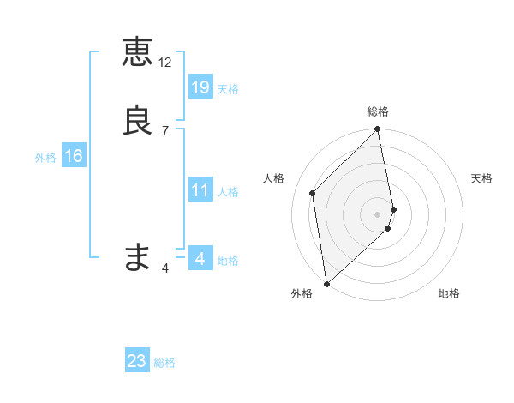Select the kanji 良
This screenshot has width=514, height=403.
137,120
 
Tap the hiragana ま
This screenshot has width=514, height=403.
137,256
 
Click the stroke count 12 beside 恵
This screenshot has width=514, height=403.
165,63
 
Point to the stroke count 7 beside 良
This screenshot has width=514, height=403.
165,130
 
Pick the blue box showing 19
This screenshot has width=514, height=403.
200,87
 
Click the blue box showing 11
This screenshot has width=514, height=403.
200,190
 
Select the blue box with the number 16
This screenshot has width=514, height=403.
73,156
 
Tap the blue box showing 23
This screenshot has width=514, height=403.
137,361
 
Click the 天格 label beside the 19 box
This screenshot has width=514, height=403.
228,88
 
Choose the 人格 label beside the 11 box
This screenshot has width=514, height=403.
228,192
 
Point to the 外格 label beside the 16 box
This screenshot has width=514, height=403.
45,158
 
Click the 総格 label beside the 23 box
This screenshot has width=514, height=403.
164,363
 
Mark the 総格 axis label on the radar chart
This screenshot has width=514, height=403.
378,111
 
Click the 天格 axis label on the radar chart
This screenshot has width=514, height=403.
481,178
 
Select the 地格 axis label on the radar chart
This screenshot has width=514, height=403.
449,293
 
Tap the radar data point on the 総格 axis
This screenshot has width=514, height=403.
378,130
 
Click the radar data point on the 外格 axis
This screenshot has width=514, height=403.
326,283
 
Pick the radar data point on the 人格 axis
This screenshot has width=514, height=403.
313,193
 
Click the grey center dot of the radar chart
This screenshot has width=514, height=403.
378,214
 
